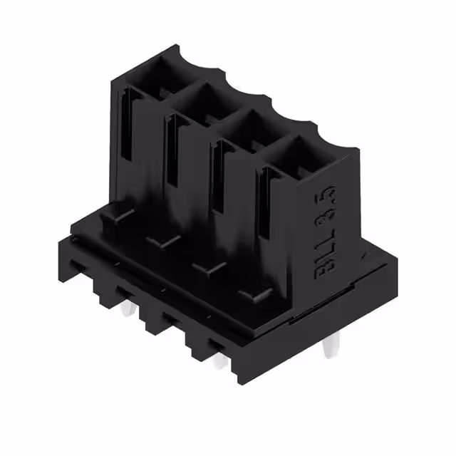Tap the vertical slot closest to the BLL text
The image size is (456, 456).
[x=265, y=207]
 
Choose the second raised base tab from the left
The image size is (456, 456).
[x=162, y=240]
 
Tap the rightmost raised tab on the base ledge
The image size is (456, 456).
[x=254, y=293]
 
